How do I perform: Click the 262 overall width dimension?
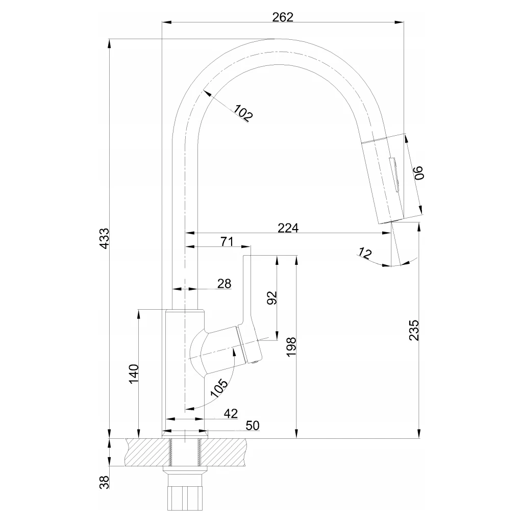pyautogui.click(x=283, y=17)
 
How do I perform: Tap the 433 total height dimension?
pyautogui.click(x=104, y=238)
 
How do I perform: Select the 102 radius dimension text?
pyautogui.click(x=243, y=113)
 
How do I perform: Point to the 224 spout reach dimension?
pyautogui.click(x=288, y=228)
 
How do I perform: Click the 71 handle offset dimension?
pyautogui.click(x=227, y=242)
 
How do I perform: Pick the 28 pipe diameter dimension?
pyautogui.click(x=224, y=284)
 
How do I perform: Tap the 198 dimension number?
pyautogui.click(x=291, y=347)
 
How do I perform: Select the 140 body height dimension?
pyautogui.click(x=133, y=375)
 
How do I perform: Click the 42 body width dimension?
pyautogui.click(x=231, y=414)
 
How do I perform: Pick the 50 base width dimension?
pyautogui.click(x=253, y=425)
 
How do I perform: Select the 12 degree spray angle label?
pyautogui.click(x=365, y=252)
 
